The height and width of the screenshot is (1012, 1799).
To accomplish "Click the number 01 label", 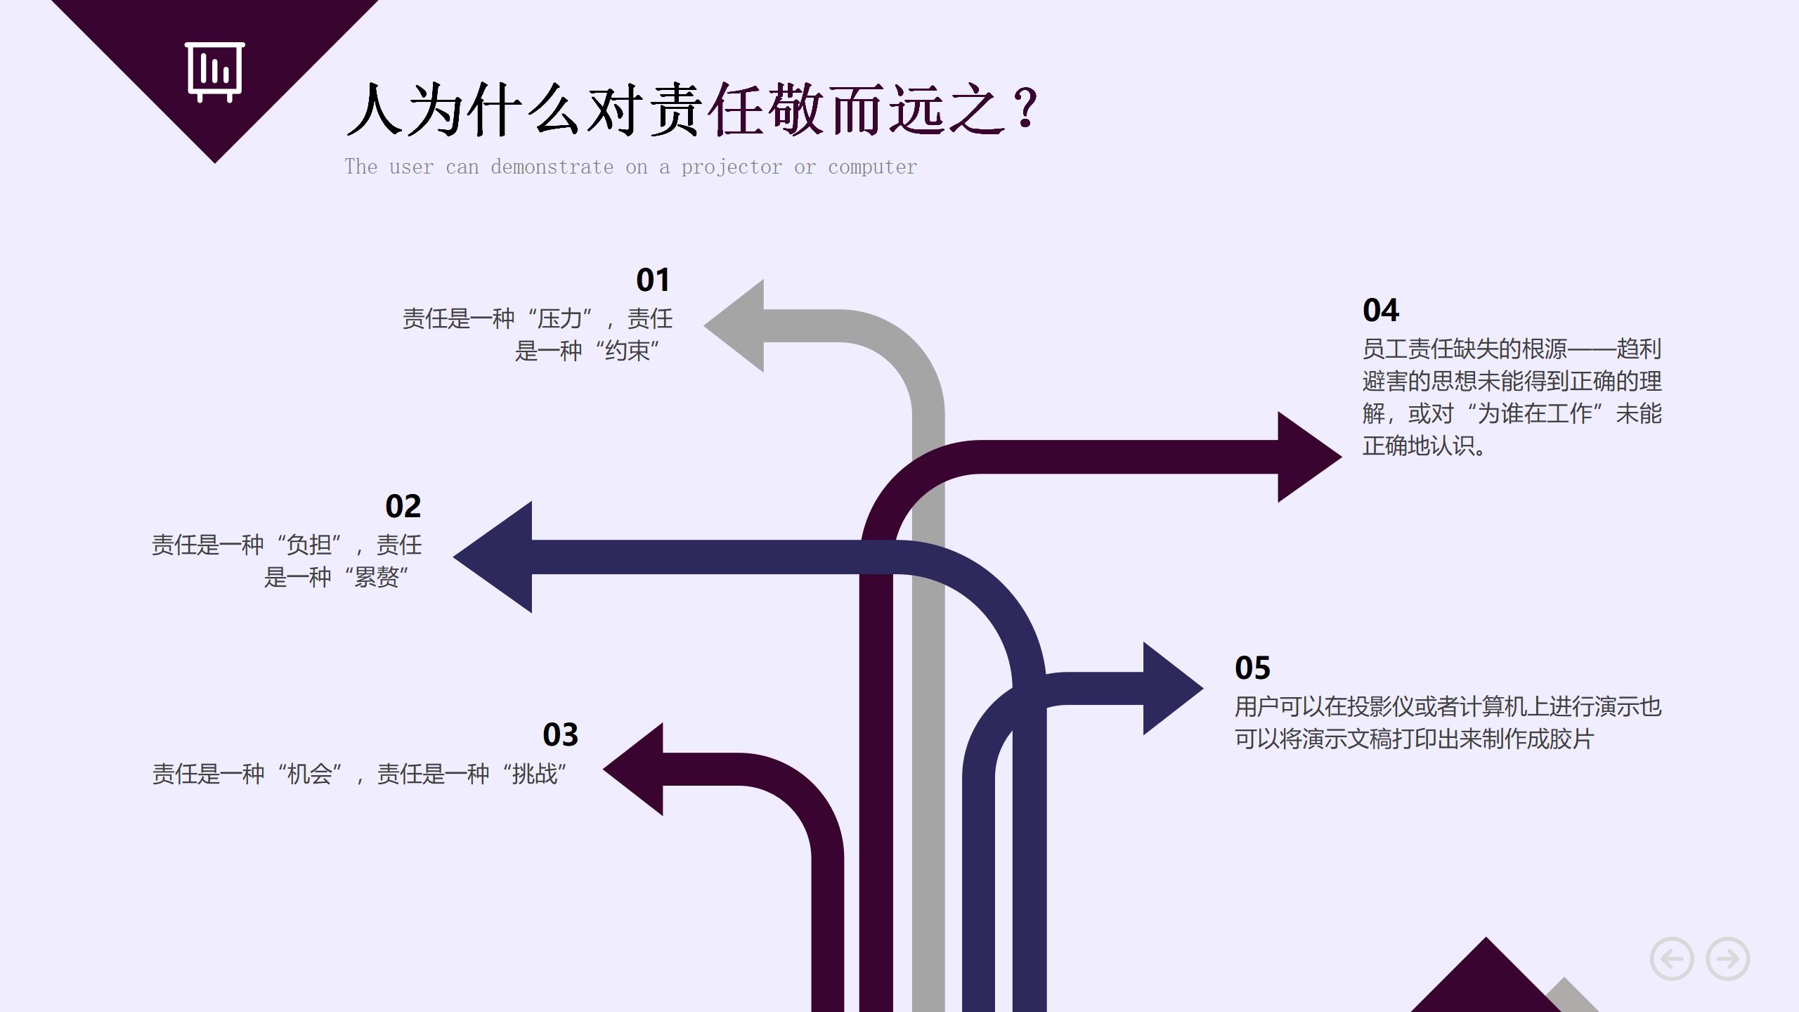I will [x=653, y=280].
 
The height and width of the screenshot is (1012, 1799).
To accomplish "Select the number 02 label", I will [x=403, y=507].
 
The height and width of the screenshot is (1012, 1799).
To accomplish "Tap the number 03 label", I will [x=560, y=735].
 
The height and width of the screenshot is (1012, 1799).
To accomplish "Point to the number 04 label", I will [x=1380, y=311].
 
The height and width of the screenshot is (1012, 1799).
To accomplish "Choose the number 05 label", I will [x=1252, y=668].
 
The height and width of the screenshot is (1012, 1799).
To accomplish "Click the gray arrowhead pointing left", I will [x=738, y=326].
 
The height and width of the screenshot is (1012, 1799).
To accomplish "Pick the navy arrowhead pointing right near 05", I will [x=1169, y=689].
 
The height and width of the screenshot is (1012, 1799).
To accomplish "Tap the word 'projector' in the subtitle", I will [x=731, y=167].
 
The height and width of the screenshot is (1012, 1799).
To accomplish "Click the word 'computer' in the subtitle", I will [x=872, y=167].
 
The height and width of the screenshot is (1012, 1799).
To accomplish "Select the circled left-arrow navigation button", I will [x=1671, y=959].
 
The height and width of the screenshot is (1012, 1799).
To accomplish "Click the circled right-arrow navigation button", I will [x=1727, y=959].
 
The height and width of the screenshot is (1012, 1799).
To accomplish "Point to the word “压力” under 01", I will [x=559, y=319].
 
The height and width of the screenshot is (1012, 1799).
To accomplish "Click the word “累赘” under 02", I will [x=376, y=578].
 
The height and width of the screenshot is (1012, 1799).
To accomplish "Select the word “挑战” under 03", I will [x=534, y=774].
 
